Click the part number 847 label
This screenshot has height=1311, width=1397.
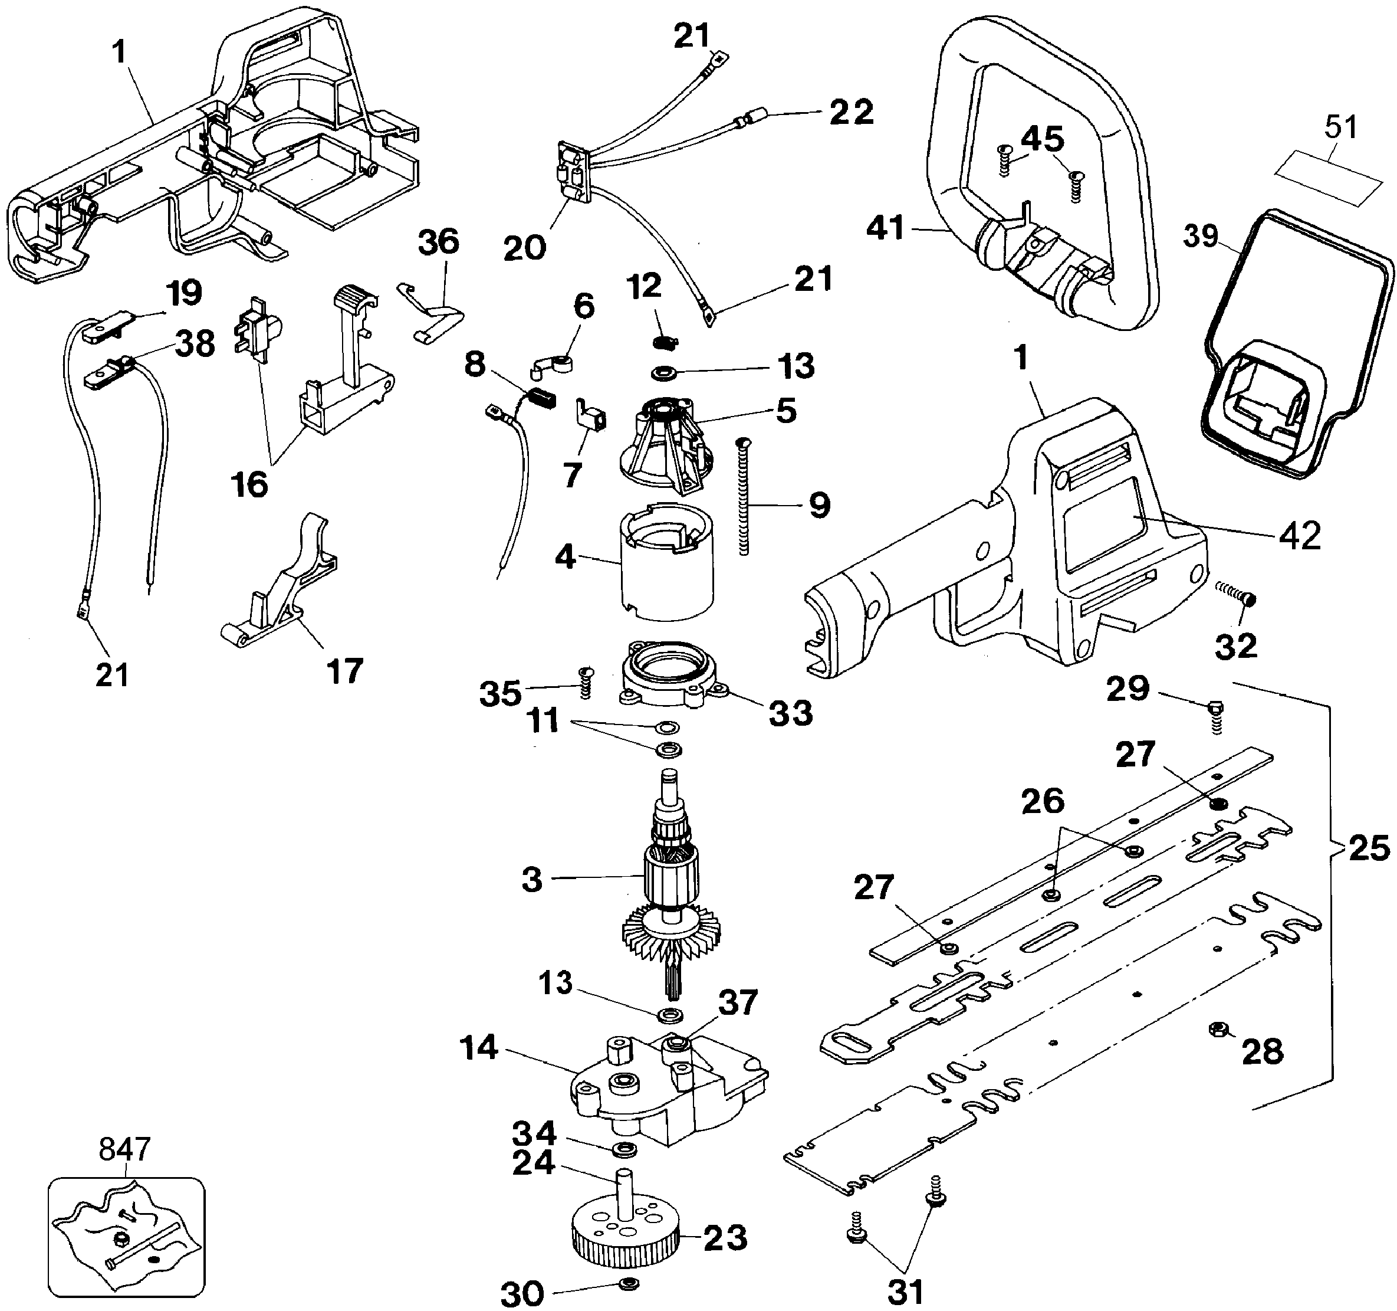(x=124, y=1149)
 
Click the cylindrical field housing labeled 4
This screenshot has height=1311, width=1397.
(x=666, y=562)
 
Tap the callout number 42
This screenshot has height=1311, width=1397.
(x=1300, y=536)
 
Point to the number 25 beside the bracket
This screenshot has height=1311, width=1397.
(x=1369, y=848)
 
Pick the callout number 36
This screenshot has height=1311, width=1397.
(x=439, y=242)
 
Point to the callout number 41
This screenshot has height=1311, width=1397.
(x=885, y=228)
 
